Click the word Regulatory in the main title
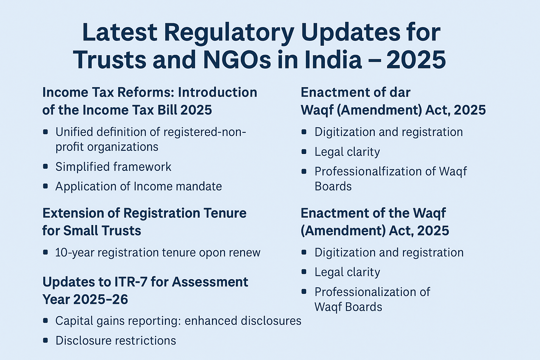tap(229, 33)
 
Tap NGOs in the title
tap(237, 59)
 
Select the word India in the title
tap(333, 59)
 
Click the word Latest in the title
tap(120, 33)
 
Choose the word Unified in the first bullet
tap(74, 132)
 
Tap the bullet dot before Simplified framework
tap(45, 166)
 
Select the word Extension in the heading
tap(73, 213)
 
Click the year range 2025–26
tap(101, 300)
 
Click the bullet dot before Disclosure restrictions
tap(45, 340)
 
